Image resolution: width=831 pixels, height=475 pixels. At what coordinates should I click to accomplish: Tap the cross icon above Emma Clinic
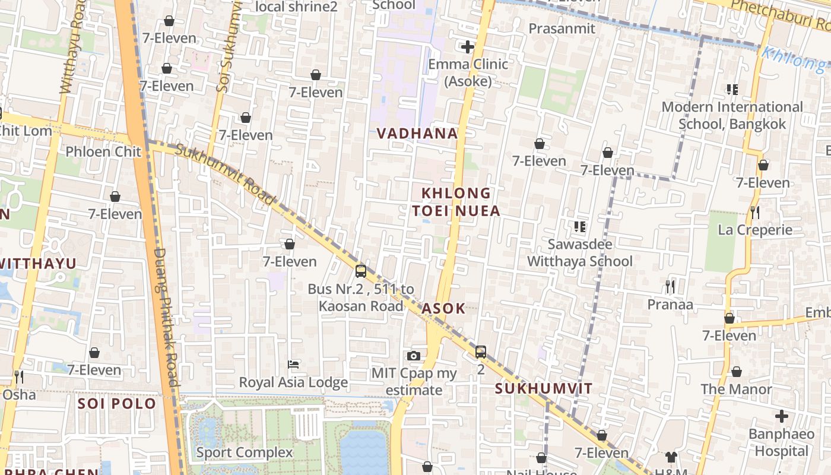click(468, 46)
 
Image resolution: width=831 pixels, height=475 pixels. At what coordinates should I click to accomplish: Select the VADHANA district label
click(418, 134)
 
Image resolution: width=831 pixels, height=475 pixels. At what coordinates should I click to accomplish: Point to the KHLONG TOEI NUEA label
click(456, 202)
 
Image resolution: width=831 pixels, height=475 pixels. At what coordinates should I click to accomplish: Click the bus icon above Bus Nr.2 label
click(360, 271)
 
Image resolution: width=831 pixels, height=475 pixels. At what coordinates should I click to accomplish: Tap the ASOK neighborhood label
click(443, 308)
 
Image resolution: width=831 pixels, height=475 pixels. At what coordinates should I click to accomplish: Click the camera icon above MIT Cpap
click(414, 356)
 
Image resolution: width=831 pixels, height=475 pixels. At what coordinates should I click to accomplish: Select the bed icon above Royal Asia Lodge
click(293, 364)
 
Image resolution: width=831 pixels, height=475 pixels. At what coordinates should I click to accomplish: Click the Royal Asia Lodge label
click(293, 382)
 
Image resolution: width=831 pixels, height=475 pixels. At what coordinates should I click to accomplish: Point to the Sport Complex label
click(245, 452)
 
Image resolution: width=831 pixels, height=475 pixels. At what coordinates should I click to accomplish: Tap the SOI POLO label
click(117, 404)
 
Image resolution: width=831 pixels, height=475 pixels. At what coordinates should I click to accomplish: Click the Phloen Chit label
click(103, 151)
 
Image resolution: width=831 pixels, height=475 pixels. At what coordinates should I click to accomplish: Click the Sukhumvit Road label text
click(226, 175)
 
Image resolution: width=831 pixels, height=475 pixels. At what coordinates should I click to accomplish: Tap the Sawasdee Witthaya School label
click(580, 253)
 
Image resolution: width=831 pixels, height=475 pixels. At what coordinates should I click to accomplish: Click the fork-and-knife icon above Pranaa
click(670, 287)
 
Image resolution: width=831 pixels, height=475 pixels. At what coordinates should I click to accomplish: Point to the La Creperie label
click(755, 230)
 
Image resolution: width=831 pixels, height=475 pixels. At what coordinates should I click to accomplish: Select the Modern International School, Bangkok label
click(732, 115)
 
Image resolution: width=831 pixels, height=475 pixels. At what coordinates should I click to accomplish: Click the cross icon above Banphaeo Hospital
click(782, 416)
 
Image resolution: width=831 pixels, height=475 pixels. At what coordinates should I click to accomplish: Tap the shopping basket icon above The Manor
click(737, 372)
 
